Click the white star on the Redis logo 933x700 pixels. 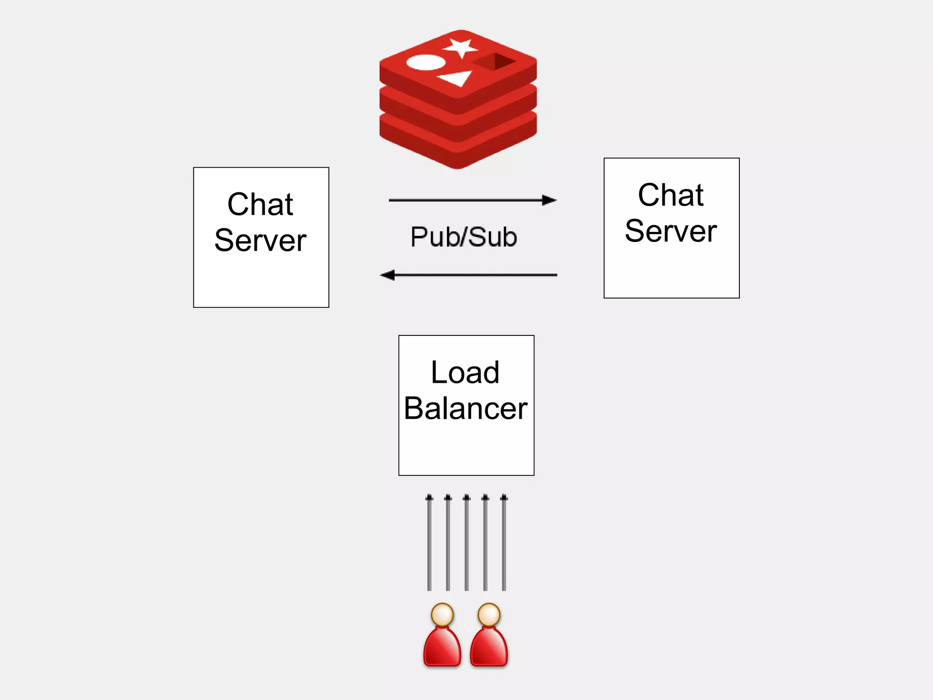pyautogui.click(x=461, y=47)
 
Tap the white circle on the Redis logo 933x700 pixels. pyautogui.click(x=425, y=62)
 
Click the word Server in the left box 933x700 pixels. pyautogui.click(x=260, y=241)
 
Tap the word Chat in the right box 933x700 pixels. pyautogui.click(x=671, y=195)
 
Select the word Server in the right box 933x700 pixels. pyautogui.click(x=671, y=231)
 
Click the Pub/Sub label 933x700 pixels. pyautogui.click(x=464, y=237)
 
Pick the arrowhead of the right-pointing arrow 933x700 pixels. pyautogui.click(x=549, y=200)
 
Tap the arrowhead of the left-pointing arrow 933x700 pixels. pyautogui.click(x=388, y=275)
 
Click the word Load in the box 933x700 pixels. pyautogui.click(x=465, y=372)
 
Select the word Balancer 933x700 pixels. pyautogui.click(x=466, y=408)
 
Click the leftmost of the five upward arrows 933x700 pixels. pyautogui.click(x=429, y=542)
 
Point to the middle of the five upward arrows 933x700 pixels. pyautogui.click(x=466, y=542)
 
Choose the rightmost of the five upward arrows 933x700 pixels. pyautogui.click(x=504, y=542)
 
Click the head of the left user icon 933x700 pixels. pyautogui.click(x=442, y=615)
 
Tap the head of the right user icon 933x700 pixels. pyautogui.click(x=489, y=615)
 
